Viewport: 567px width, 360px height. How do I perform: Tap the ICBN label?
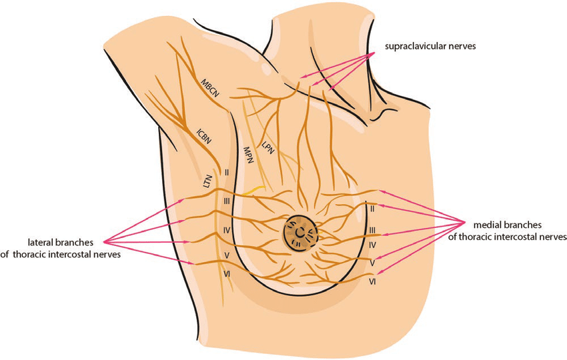pyautogui.click(x=205, y=134)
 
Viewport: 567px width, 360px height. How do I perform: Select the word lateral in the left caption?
pyautogui.click(x=41, y=241)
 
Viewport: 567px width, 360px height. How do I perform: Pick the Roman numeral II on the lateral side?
pyautogui.click(x=227, y=173)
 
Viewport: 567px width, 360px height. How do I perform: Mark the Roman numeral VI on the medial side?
pyautogui.click(x=373, y=283)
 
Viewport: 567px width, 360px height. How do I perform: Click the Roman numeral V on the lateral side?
pyautogui.click(x=227, y=255)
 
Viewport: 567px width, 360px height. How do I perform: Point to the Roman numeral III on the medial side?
pyautogui.click(x=373, y=229)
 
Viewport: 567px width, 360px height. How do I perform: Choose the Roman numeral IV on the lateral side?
pyautogui.click(x=227, y=231)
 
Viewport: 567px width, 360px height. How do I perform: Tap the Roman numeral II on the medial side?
pyautogui.click(x=372, y=209)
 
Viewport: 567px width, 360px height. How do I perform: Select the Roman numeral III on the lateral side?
pyautogui.click(x=227, y=201)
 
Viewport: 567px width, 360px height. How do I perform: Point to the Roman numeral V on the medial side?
pyautogui.click(x=373, y=264)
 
